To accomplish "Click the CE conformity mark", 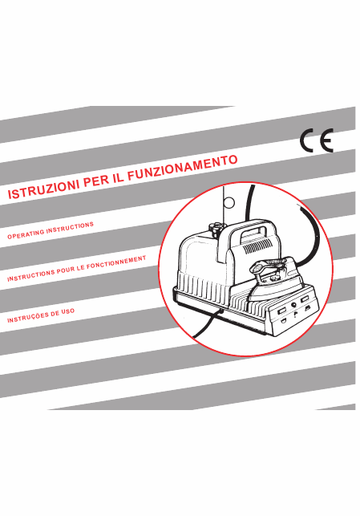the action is click(x=317, y=140).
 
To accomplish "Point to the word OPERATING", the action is click(x=26, y=233).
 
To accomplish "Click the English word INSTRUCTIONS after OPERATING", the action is click(x=70, y=227).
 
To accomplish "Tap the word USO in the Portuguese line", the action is click(x=67, y=311).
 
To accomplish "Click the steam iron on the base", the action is click(x=273, y=278).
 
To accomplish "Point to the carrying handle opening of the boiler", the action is click(x=255, y=233).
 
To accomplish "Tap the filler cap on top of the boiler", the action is click(x=216, y=228).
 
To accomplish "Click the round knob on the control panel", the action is click(x=293, y=305).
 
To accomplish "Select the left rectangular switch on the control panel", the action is click(x=282, y=311).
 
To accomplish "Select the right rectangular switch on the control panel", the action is click(x=305, y=299).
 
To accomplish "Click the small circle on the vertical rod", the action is click(x=229, y=203).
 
